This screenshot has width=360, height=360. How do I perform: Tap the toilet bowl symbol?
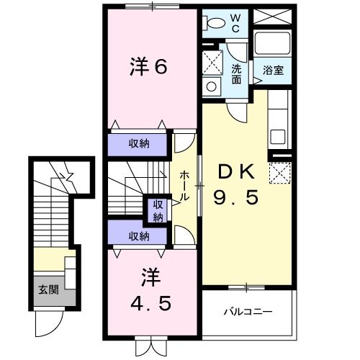coord(212,23)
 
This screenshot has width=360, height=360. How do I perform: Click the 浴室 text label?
coord(272,71)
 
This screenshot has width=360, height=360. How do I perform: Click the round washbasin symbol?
coord(212,86)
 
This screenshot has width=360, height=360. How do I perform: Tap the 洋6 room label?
coord(149,67)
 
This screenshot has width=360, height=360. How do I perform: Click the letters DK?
coord(234,171)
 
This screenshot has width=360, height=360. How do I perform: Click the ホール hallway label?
coord(186,185)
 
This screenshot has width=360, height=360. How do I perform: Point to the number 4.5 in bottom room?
coord(150,302)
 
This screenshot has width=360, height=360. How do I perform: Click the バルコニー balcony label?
coord(247,312)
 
